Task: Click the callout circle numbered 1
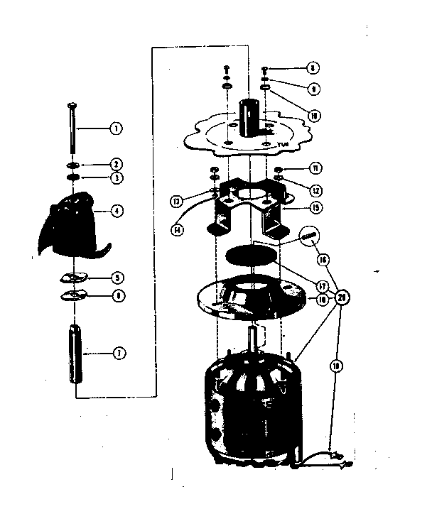[115, 128]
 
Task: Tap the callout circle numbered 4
[116, 211]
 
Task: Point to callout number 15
[315, 208]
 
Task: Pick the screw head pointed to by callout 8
[265, 69]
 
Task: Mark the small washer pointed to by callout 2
[73, 164]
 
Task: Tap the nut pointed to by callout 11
[279, 169]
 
